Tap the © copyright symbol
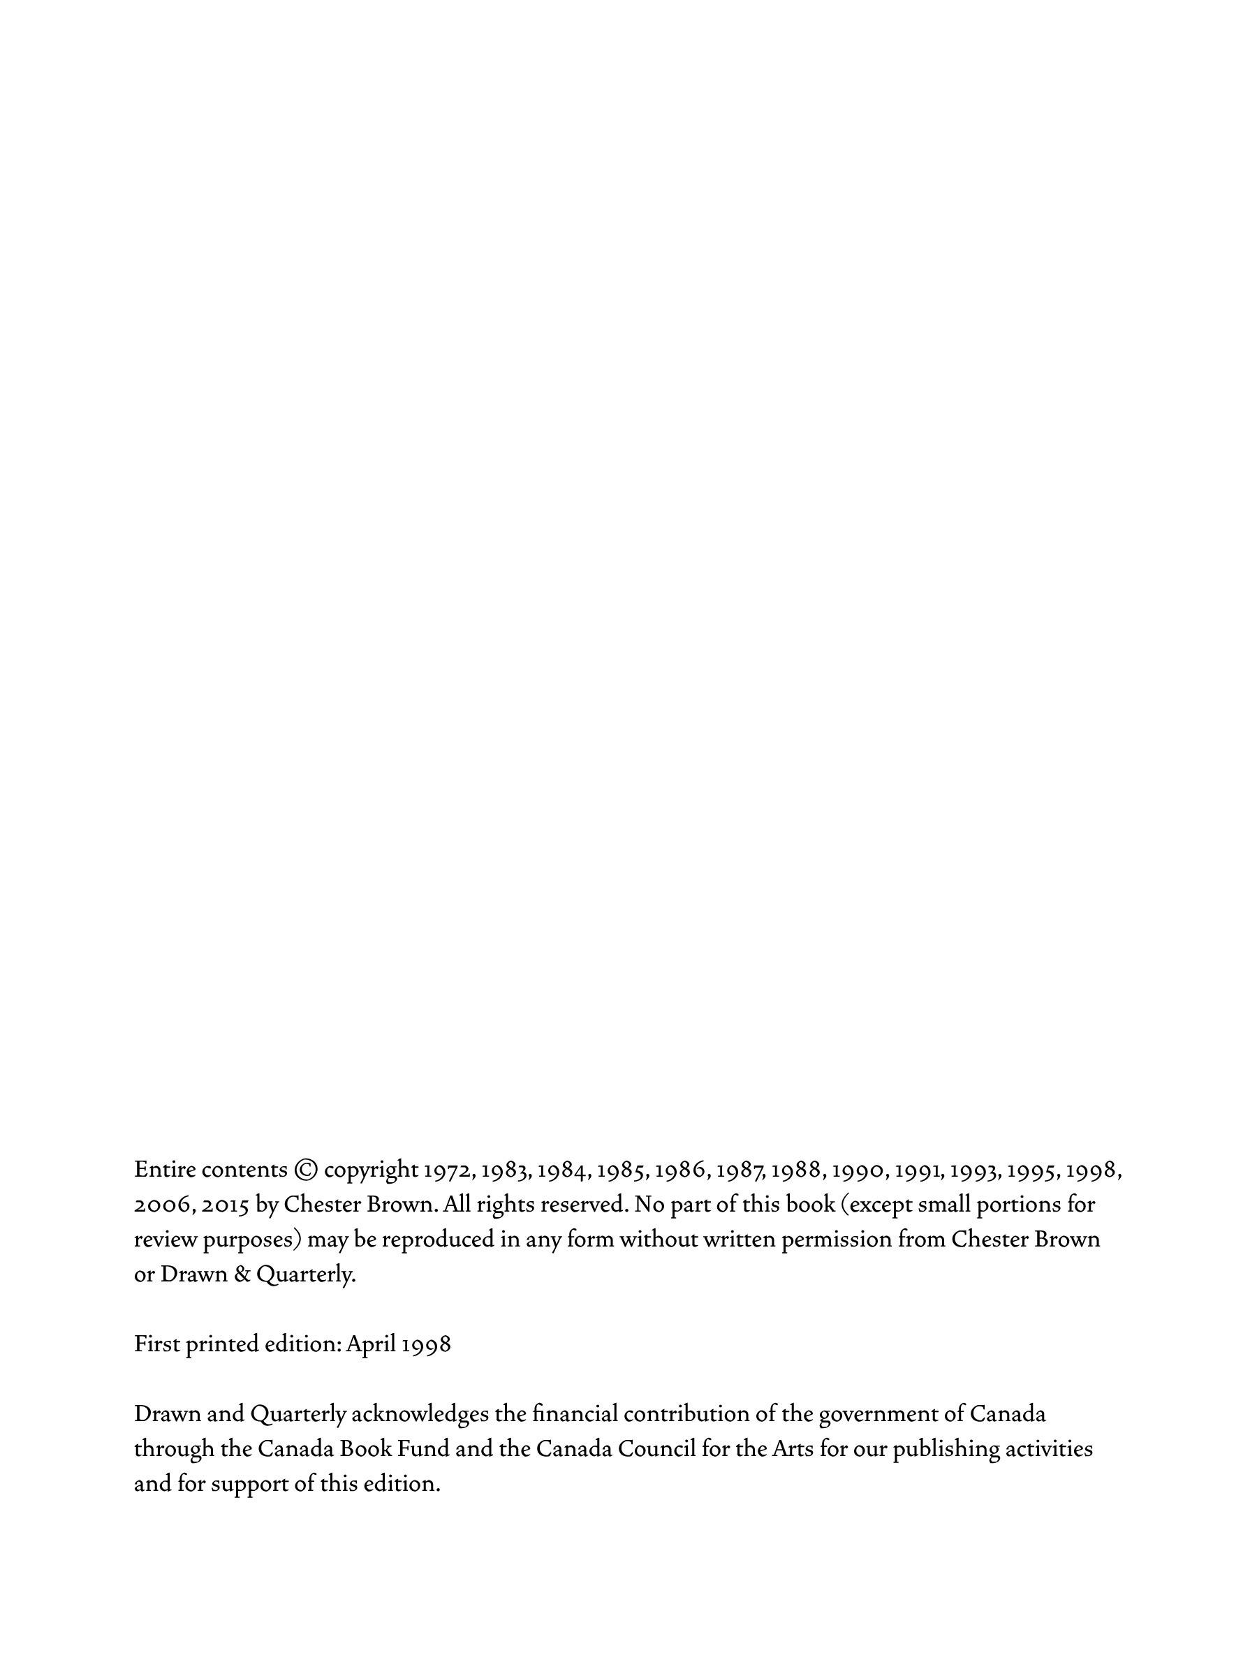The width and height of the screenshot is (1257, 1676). pos(305,1170)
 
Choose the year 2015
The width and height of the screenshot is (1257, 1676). pos(225,1205)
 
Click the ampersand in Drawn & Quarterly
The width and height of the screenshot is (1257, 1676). pos(242,1274)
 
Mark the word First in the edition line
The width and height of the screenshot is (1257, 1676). pos(157,1344)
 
